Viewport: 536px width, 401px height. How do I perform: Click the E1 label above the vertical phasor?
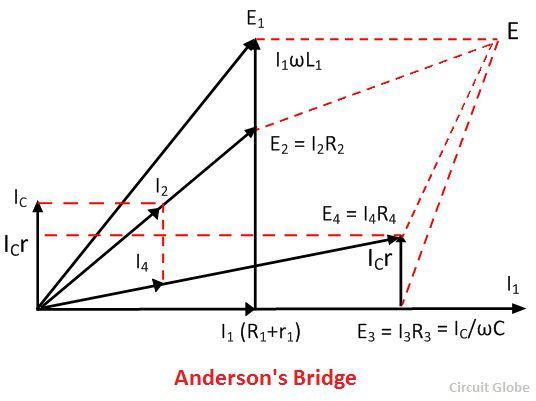click(255, 19)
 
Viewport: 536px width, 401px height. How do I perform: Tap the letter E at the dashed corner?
click(512, 31)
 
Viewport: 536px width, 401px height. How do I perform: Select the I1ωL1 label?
click(299, 62)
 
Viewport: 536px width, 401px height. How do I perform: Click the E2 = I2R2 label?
click(307, 145)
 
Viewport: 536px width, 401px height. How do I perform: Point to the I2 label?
click(162, 187)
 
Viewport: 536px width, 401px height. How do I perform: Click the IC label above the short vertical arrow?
click(21, 198)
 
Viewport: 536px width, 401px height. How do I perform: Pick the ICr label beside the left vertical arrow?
click(16, 245)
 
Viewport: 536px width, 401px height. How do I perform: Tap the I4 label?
click(142, 263)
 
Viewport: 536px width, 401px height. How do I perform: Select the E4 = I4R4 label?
click(359, 216)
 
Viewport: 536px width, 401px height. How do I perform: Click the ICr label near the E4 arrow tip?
click(379, 259)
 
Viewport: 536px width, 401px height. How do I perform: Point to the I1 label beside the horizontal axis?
click(513, 286)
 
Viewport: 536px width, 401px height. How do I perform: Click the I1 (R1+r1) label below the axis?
click(261, 332)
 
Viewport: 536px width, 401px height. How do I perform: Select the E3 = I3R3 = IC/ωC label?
click(431, 331)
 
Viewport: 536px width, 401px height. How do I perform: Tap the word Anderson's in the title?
click(231, 377)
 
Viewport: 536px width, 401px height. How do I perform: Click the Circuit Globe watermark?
click(489, 387)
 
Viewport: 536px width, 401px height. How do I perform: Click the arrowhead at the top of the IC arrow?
click(38, 206)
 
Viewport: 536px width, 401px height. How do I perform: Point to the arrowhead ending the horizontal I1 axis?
click(519, 308)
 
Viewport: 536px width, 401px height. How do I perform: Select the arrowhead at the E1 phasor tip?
click(253, 45)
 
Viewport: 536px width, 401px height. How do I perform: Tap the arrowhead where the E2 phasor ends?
click(251, 133)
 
